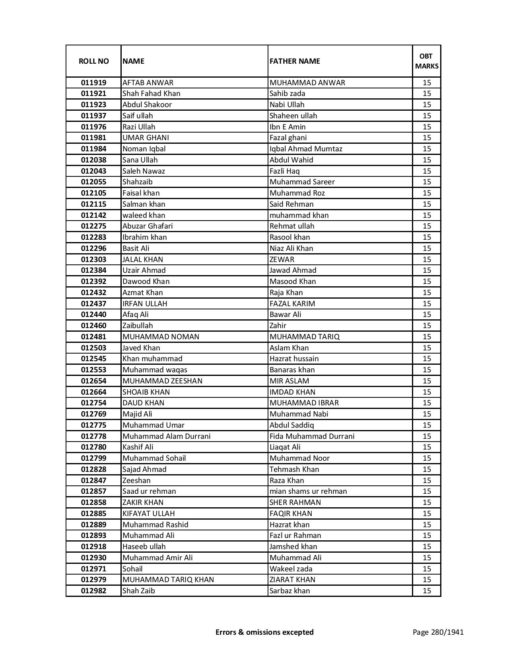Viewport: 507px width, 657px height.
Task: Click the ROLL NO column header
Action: pyautogui.click(x=93, y=61)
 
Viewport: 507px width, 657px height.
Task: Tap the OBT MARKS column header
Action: pyautogui.click(x=427, y=61)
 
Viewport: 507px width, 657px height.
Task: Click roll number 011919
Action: pyautogui.click(x=93, y=83)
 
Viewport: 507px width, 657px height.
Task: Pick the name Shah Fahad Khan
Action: pyautogui.click(x=151, y=94)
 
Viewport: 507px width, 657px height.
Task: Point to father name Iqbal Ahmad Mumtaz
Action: pyautogui.click(x=306, y=149)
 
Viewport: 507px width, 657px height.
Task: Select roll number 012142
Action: pyautogui.click(x=93, y=215)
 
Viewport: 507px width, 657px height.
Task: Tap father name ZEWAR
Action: pyautogui.click(x=282, y=260)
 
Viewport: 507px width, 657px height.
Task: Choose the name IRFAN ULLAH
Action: pyautogui.click(x=145, y=304)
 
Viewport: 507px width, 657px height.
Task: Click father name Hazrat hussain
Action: pyautogui.click(x=294, y=359)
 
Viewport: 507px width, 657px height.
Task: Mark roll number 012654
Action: pyautogui.click(x=93, y=381)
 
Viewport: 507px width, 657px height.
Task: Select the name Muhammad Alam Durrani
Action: pyautogui.click(x=166, y=436)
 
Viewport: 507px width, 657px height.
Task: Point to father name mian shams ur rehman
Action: pyautogui.click(x=308, y=491)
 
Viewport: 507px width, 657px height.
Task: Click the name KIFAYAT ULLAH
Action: pyautogui.click(x=148, y=514)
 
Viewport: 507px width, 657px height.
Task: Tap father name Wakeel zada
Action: pyautogui.click(x=291, y=569)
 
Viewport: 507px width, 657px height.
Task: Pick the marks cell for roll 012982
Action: pyautogui.click(x=427, y=591)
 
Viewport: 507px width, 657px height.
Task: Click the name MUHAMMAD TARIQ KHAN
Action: pyautogui.click(x=168, y=580)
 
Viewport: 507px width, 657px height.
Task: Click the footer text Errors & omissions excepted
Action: pyautogui.click(x=264, y=632)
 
